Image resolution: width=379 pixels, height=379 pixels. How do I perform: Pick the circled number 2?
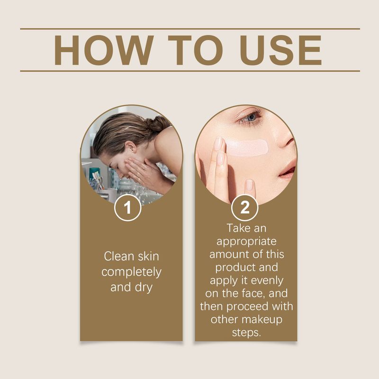pos(245,208)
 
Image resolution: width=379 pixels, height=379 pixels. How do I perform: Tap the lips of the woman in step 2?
pos(288,171)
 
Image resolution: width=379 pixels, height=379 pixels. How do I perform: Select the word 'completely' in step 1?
pos(131,272)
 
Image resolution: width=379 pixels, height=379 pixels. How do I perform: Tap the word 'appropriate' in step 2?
pos(246,241)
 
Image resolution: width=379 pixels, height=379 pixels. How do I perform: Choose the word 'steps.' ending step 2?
pos(246,332)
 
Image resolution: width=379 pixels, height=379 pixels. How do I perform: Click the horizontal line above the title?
pos(189,29)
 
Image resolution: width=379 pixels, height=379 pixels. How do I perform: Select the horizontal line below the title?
pos(189,71)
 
